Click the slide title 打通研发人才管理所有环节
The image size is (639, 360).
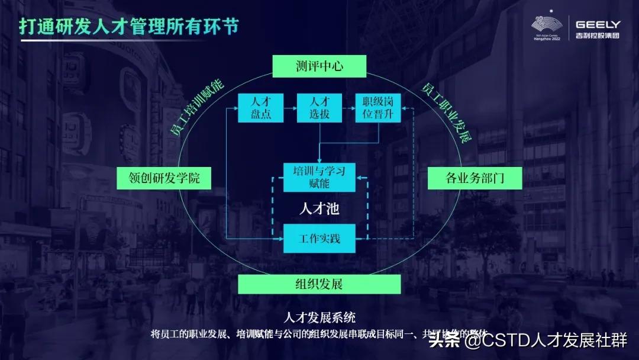(x=128, y=27)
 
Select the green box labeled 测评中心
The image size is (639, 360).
(x=319, y=66)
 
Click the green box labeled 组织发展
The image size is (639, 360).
(x=319, y=284)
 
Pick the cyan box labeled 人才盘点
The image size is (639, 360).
(x=260, y=108)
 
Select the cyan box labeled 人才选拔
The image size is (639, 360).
(x=319, y=108)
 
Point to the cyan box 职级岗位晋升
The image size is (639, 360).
(x=377, y=108)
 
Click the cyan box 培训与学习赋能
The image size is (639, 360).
(x=319, y=177)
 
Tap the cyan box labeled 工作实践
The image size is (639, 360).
(x=319, y=238)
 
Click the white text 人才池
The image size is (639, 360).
(x=319, y=209)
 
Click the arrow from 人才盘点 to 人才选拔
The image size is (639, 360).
(x=290, y=108)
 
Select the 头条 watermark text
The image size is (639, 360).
(x=444, y=340)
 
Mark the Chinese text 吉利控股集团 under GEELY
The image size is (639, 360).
(x=598, y=36)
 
